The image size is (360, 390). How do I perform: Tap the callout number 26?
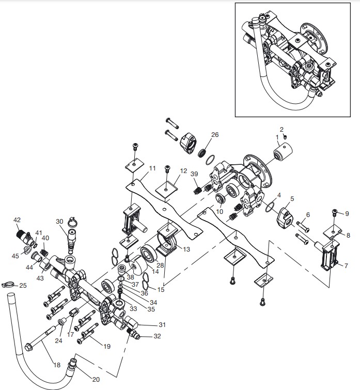pos(215,135)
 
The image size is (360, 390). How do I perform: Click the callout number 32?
pos(156,336)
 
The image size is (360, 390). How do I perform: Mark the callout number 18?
pos(56,365)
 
